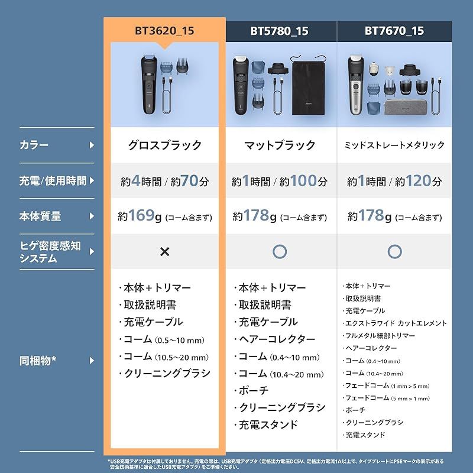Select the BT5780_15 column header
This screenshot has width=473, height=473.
tap(280, 31)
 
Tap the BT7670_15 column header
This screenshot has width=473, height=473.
tap(394, 31)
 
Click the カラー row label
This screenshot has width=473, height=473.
tap(34, 145)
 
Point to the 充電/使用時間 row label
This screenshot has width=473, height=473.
tap(52, 180)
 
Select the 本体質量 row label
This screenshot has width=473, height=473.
tap(40, 216)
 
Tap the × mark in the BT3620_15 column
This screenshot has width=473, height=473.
tap(164, 251)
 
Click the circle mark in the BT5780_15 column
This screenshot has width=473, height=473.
tap(280, 251)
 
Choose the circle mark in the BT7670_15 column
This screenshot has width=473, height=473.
tap(394, 251)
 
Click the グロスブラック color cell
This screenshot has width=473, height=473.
tap(164, 145)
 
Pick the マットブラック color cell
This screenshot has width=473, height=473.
tap(280, 145)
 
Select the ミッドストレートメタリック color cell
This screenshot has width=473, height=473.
tap(394, 145)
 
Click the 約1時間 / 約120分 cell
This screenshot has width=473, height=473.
tap(394, 181)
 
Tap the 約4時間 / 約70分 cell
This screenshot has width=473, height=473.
tap(164, 181)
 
